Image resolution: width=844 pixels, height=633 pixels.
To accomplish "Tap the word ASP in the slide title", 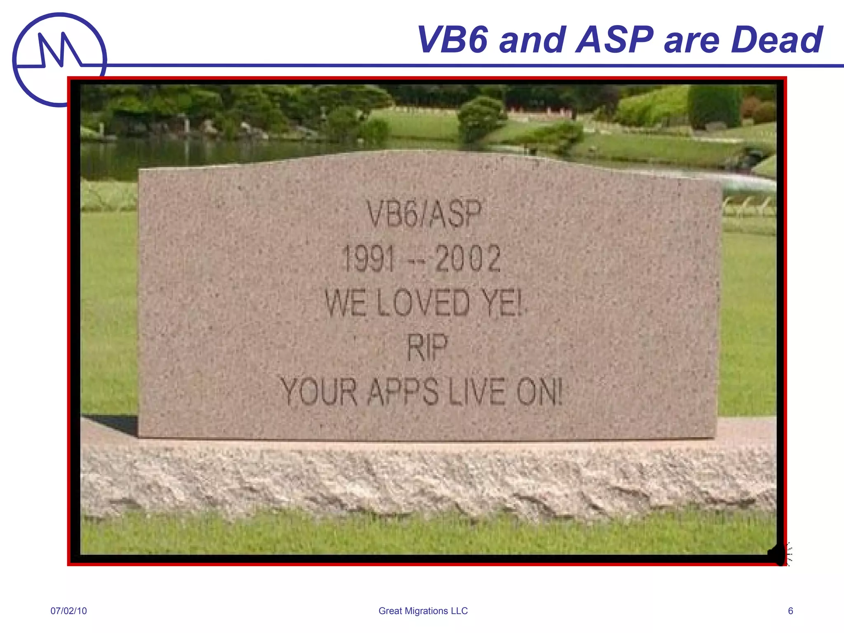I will coord(614,40).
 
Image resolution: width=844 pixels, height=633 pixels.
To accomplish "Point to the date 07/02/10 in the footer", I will coord(68,611).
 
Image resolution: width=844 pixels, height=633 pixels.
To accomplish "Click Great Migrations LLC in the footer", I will coord(423,611).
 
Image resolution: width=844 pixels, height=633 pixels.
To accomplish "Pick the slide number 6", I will coord(790,611).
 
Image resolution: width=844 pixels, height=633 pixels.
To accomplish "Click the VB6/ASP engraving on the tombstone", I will coord(424,214).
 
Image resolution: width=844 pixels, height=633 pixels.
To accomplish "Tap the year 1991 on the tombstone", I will coord(368,259).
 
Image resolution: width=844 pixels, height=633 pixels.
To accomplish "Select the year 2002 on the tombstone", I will coord(468,259).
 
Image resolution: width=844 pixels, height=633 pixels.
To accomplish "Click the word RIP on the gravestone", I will coord(427,347).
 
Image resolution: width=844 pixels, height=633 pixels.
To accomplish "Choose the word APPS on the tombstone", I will coord(403,392).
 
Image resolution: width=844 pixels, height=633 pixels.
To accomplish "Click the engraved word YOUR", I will coord(319,392).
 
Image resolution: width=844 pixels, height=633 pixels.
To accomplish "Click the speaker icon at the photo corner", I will coord(779,554).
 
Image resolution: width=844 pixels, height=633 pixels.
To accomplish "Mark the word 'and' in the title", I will coord(532,40).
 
